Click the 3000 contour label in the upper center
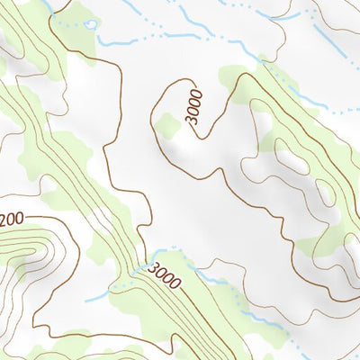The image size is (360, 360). click(x=195, y=107)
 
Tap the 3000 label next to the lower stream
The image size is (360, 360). click(x=166, y=275)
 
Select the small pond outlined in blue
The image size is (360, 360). click(x=90, y=24)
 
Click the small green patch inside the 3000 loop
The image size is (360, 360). click(x=167, y=125)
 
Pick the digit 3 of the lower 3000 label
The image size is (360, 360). click(x=154, y=267)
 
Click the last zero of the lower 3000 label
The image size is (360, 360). click(x=176, y=283)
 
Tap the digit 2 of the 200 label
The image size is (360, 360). click(x=4, y=218)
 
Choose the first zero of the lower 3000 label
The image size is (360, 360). click(x=162, y=273)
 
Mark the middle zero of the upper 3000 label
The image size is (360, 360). click(x=196, y=103)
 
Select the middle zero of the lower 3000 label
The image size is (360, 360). click(x=169, y=278)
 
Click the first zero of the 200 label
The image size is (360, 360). click(x=11, y=219)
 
